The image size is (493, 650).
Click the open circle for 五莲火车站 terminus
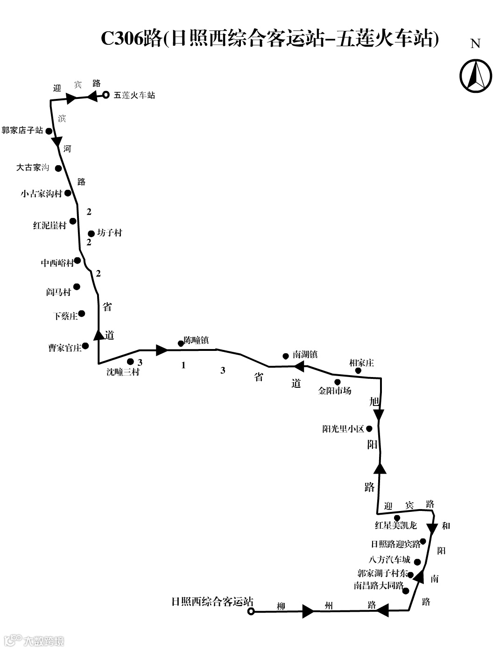click(x=106, y=95)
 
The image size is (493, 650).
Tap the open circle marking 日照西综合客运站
click(x=251, y=611)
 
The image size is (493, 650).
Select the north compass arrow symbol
click(x=476, y=76)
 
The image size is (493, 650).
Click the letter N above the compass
click(x=475, y=44)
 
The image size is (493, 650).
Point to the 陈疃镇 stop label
click(x=196, y=340)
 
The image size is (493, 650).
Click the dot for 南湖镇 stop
click(x=286, y=356)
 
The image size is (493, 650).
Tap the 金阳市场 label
click(x=334, y=391)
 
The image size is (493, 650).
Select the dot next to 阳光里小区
click(x=369, y=428)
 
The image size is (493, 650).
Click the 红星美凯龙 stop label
click(x=396, y=525)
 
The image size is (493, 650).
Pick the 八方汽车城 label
click(x=389, y=559)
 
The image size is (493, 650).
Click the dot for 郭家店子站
click(x=49, y=132)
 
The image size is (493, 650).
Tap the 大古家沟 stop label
click(x=33, y=167)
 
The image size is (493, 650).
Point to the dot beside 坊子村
click(x=92, y=233)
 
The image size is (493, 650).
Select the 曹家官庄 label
click(x=64, y=348)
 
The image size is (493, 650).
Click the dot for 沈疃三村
click(x=131, y=362)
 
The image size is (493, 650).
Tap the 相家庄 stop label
click(x=362, y=363)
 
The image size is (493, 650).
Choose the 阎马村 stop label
click(x=58, y=292)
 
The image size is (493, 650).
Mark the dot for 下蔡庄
click(x=82, y=314)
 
